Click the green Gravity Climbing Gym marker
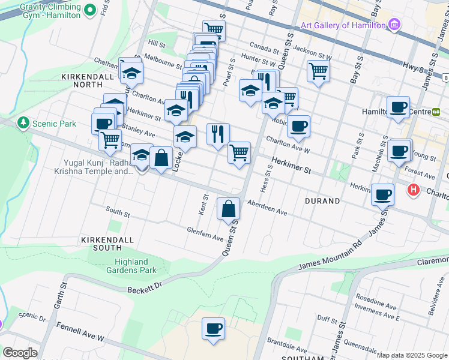pos(89,10)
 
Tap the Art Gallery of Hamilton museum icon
pos(394,25)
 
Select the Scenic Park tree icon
pos(23,123)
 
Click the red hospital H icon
pos(413,191)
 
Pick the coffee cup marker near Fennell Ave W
pos(213,329)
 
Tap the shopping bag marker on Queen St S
pos(228,209)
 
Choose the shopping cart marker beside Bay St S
pos(318,71)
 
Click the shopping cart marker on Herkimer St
pos(239,152)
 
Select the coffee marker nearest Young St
pos(399,150)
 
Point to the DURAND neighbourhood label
pos(322,201)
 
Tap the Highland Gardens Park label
pos(131,266)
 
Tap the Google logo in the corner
pos(20,353)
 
